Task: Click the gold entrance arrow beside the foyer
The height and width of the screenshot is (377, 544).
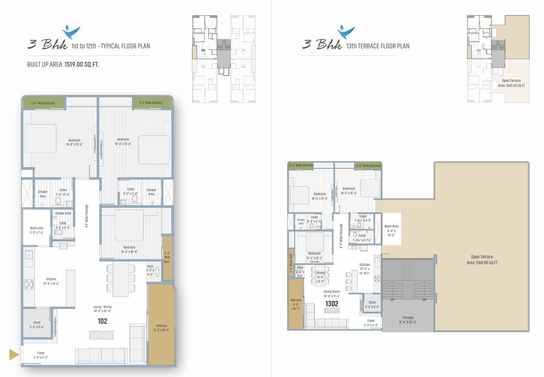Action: coord(14,355)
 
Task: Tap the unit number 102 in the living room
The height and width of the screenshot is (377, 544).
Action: coord(102,321)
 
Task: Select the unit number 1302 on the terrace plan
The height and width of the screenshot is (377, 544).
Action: coord(331,304)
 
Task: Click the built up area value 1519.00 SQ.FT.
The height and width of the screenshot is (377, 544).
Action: coord(82,64)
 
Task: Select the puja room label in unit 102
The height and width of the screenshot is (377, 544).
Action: coord(150,272)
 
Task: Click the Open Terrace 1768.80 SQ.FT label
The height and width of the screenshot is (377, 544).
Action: coord(481,260)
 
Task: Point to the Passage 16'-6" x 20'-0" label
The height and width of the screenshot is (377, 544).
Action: coord(408,320)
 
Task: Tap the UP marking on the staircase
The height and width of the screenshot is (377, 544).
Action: coord(392,300)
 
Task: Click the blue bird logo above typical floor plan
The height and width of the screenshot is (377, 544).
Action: coord(72,32)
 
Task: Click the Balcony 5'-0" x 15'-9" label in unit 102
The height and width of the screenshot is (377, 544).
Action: coord(161,328)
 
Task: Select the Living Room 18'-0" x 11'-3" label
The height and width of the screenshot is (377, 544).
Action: coord(332,294)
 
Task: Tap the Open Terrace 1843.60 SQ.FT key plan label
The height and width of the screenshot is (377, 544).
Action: coord(511,83)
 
